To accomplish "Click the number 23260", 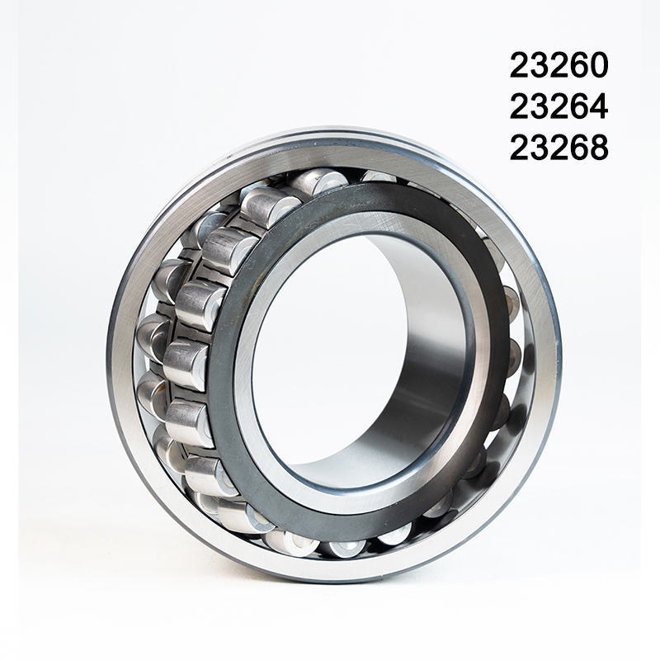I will coord(559,65).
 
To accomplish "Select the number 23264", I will coord(559,106).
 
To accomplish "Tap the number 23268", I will coord(559,148).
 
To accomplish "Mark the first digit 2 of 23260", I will coord(520,65).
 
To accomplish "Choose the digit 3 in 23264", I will coord(540,106).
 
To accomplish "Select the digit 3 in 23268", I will coord(540,148).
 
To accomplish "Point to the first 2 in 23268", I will coord(520,148).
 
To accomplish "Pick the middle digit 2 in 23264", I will coord(559,106).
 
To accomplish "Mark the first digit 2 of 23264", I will coord(520,106).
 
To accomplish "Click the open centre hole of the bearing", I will coord(330,346).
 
